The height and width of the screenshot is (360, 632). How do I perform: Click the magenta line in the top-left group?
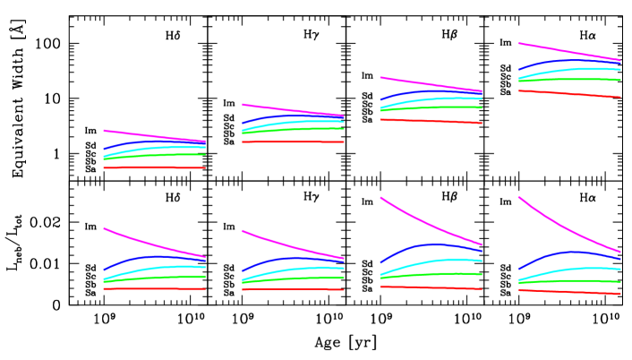(x=134, y=133)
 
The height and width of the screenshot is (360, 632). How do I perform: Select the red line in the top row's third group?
(x=431, y=121)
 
